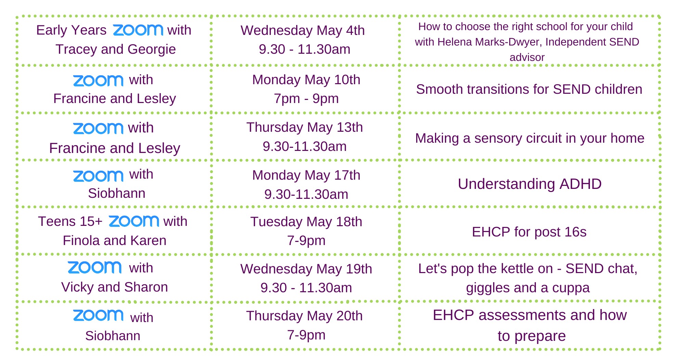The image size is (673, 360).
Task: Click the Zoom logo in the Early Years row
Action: coord(138,30)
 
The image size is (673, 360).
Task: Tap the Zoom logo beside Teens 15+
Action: coord(134,221)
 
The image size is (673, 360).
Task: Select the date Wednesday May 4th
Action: coord(303,30)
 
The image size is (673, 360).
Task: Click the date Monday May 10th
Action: coord(306,80)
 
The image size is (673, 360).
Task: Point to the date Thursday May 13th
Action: coord(304,127)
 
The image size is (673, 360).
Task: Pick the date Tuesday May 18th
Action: coord(306,222)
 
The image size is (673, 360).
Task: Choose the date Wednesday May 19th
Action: coord(306,269)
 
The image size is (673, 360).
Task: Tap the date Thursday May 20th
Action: coord(304,316)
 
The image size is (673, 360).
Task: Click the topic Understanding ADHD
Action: coord(530,184)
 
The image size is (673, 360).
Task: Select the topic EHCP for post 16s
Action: coord(529,232)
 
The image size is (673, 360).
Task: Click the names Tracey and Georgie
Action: coord(116,49)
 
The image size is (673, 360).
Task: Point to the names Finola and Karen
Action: coord(115,241)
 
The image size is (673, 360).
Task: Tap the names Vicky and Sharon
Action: coord(115,287)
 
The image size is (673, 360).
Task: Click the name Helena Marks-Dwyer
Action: coord(490,42)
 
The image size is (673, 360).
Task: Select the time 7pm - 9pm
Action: coord(306,99)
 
